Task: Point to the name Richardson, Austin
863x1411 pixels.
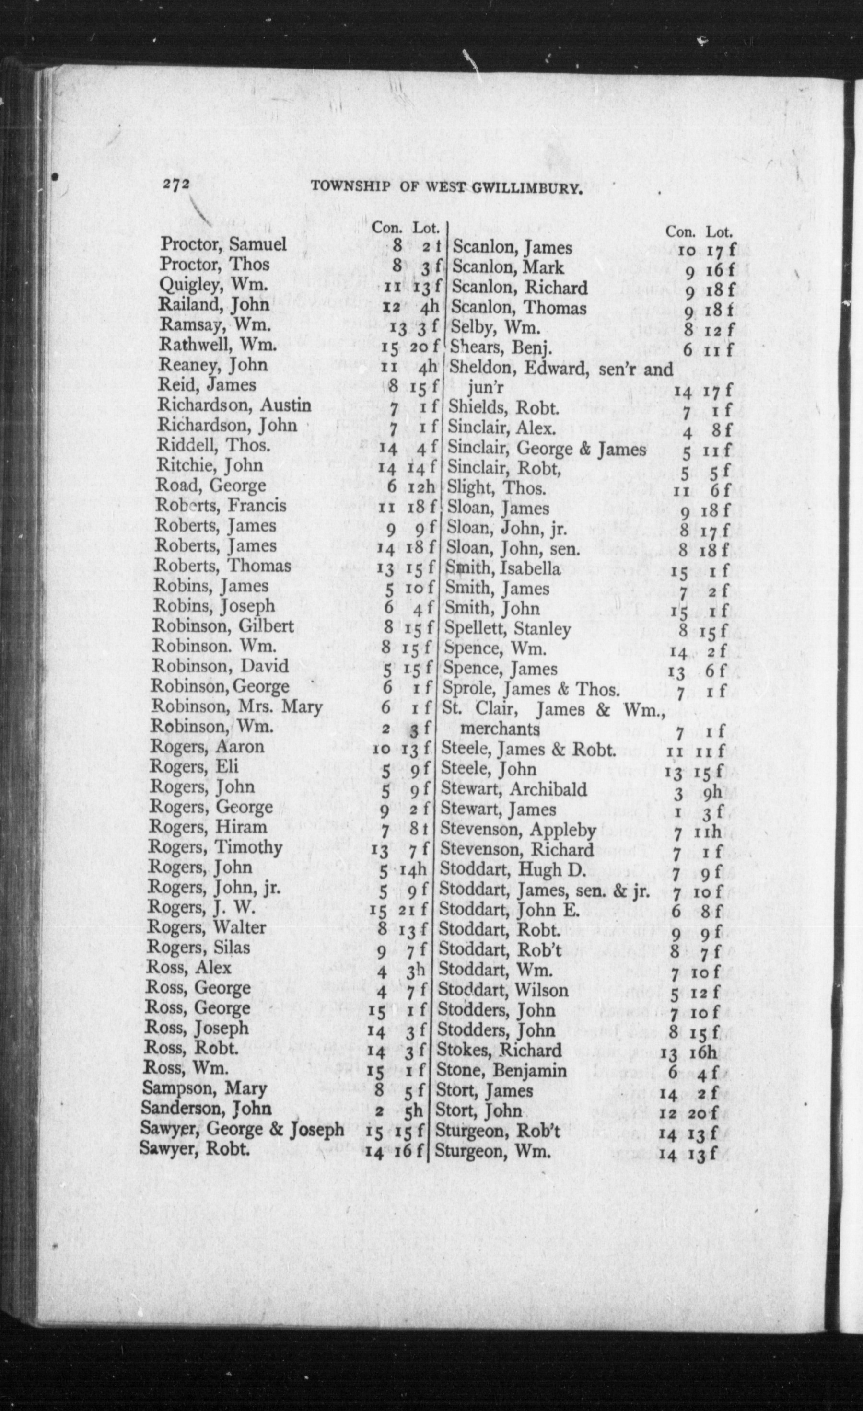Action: pos(234,405)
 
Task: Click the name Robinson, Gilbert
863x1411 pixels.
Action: pos(223,626)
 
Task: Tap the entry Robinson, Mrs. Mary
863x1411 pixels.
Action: pos(236,706)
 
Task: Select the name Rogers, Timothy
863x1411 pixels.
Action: pos(215,847)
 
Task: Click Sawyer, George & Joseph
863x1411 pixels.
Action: pos(242,1129)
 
